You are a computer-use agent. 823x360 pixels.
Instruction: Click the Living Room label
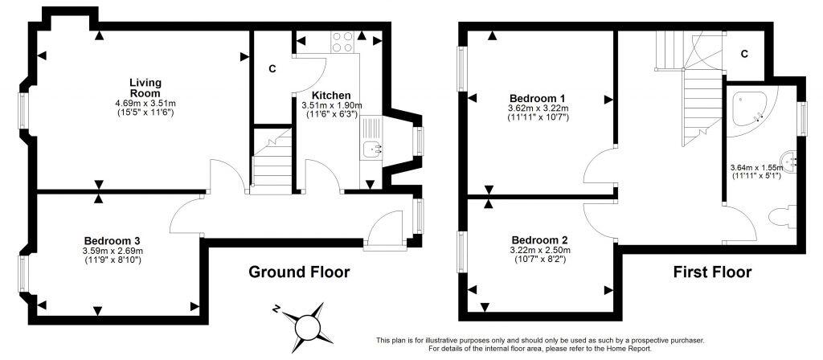point(145,88)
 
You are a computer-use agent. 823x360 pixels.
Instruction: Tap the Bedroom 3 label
point(113,240)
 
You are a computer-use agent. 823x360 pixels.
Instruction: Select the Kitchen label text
point(331,95)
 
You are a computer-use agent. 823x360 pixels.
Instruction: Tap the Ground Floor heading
point(299,272)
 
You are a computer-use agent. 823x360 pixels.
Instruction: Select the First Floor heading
point(712,272)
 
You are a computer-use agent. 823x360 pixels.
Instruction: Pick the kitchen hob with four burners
point(342,40)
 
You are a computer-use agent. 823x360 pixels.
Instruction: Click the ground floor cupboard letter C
point(272,69)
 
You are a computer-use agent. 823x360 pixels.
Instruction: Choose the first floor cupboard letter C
point(744,54)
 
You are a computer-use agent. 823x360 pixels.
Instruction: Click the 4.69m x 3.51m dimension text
point(145,103)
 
